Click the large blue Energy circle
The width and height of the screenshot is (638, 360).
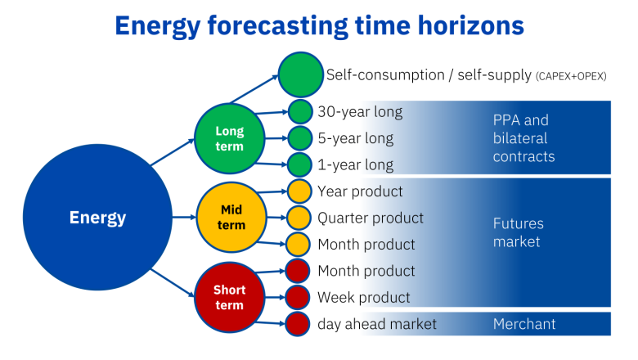(x=98, y=218)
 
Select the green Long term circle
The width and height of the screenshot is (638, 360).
(x=230, y=138)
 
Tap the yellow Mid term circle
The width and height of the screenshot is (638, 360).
(x=232, y=218)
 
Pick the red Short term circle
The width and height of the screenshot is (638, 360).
(x=230, y=297)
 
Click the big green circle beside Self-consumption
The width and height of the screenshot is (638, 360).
(x=302, y=74)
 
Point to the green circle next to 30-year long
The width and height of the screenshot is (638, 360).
(x=300, y=111)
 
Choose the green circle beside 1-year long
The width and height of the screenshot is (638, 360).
(x=300, y=164)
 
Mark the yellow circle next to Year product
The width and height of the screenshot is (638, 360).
(x=299, y=191)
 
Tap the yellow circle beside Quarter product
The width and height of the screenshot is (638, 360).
(x=299, y=218)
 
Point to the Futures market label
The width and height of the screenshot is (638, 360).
(x=518, y=232)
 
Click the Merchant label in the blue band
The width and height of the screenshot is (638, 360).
(x=524, y=324)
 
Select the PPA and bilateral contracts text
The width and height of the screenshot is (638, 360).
(x=523, y=138)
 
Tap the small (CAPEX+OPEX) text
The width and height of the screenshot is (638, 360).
(x=571, y=76)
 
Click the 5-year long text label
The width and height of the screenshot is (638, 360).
(x=356, y=138)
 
